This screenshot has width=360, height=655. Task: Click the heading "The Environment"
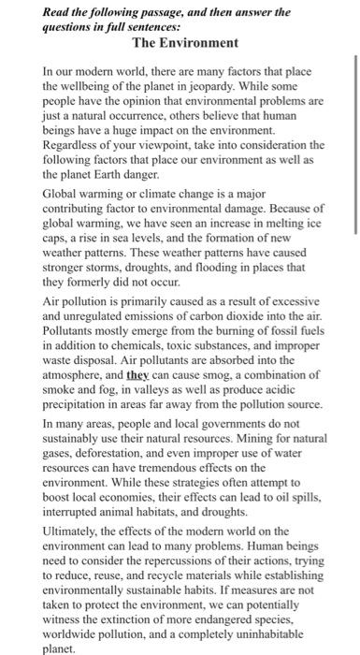click(x=186, y=44)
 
